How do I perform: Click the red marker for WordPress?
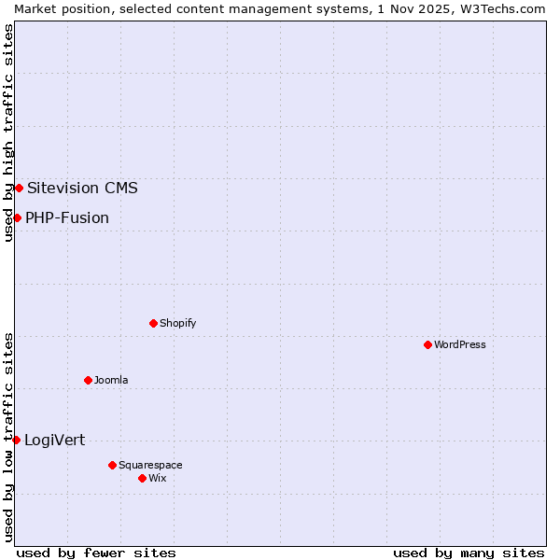point(427,344)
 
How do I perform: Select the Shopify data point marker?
point(153,323)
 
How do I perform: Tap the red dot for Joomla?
point(88,380)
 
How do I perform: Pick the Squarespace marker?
point(112,465)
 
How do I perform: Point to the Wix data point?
point(142,478)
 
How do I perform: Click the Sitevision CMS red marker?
point(19,188)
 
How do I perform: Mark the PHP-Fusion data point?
point(17,217)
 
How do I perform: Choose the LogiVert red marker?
point(16,440)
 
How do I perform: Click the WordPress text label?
point(460,344)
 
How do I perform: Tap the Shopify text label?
point(177,323)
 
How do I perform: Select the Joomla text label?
point(111,380)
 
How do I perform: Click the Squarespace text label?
point(150,465)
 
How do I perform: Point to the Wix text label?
point(158,478)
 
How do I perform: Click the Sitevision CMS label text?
point(82,188)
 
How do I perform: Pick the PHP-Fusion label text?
point(67,217)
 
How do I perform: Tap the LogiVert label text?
point(54,440)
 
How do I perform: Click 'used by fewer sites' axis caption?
point(96,553)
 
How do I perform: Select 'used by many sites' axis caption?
point(469,553)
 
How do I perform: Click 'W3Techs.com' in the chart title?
point(508,8)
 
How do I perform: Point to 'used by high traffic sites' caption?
point(8,133)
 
